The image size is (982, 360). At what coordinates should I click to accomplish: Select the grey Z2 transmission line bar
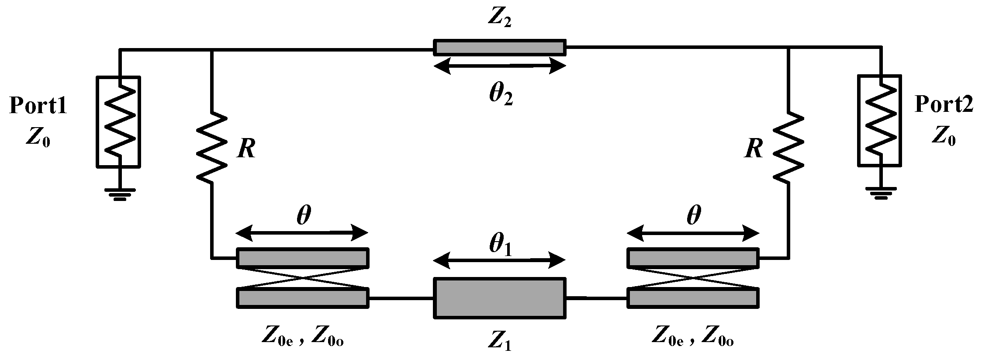(x=499, y=48)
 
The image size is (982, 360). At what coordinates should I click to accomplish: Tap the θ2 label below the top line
(x=500, y=94)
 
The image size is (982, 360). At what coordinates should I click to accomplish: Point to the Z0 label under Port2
(x=944, y=137)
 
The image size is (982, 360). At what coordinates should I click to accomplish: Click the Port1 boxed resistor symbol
(x=118, y=122)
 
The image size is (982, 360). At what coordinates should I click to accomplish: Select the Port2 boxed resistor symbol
(x=880, y=121)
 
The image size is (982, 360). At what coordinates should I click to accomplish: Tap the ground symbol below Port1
(x=119, y=194)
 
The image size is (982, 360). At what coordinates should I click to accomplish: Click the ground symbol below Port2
(x=881, y=192)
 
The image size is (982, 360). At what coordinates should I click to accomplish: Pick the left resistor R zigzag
(x=212, y=147)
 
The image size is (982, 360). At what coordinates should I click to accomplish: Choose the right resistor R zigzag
(x=788, y=147)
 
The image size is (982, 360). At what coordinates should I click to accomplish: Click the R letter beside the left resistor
(x=246, y=149)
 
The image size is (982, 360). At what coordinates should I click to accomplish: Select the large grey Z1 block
(x=499, y=298)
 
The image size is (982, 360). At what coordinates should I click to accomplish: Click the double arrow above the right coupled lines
(x=693, y=233)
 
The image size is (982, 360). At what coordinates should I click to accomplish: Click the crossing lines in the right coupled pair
(x=693, y=277)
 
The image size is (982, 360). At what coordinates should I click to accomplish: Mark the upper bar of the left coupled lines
(x=302, y=258)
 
